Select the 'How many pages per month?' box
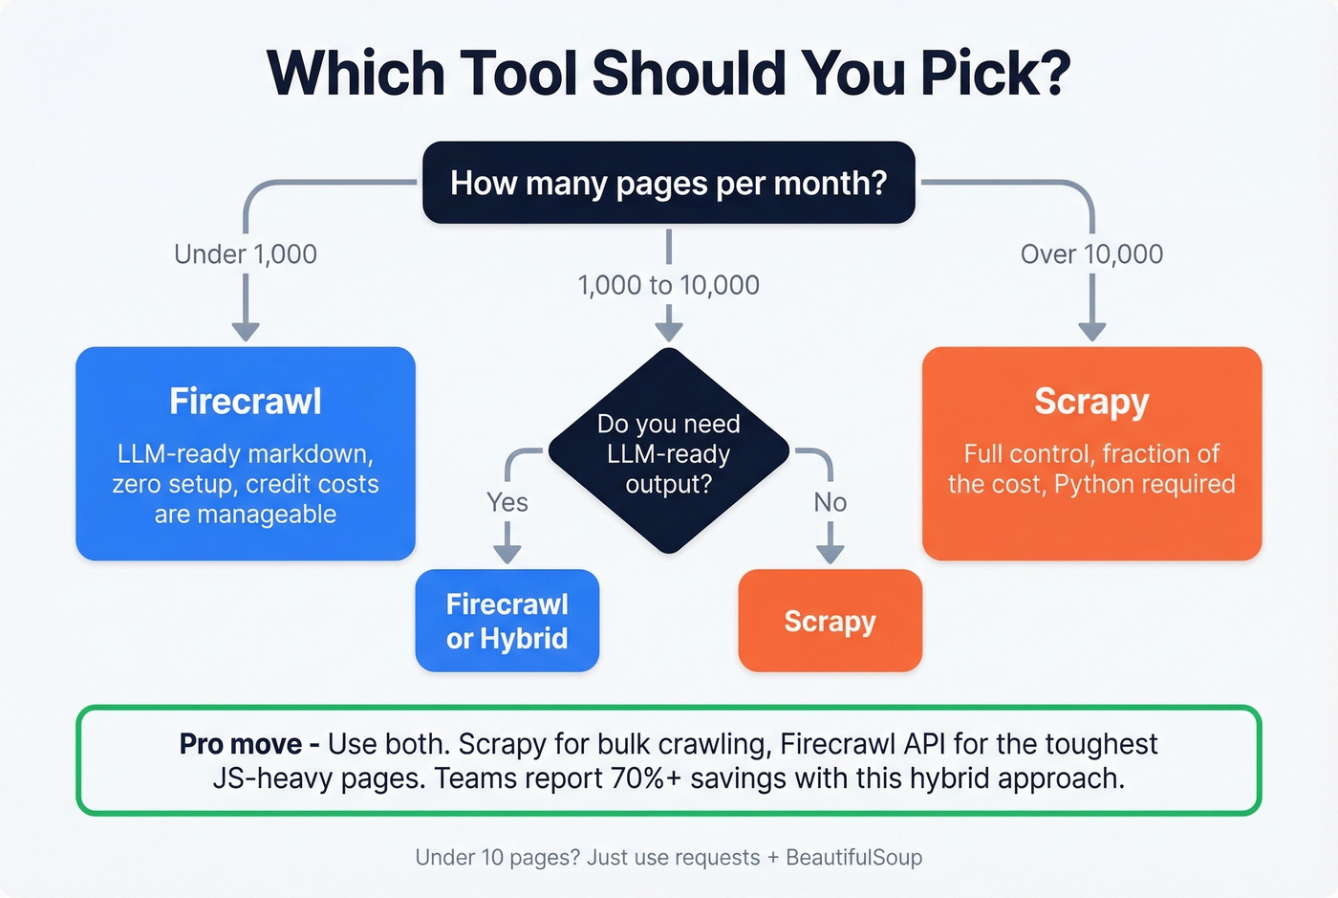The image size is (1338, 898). click(x=668, y=183)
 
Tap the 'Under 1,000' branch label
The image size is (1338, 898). click(x=246, y=254)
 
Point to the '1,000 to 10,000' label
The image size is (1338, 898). click(x=668, y=285)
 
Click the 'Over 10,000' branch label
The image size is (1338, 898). click(x=1091, y=254)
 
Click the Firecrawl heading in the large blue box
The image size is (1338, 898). click(x=246, y=402)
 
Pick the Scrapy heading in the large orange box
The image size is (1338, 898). click(x=1091, y=402)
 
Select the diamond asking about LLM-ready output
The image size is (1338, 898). click(x=668, y=452)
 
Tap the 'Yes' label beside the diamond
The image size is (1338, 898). click(x=507, y=503)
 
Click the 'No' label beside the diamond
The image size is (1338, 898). click(x=830, y=503)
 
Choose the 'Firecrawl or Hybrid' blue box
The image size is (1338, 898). click(x=507, y=621)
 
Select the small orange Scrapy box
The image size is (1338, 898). click(x=830, y=621)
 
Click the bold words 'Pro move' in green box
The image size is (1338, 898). click(x=241, y=744)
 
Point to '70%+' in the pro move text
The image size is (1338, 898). click(x=646, y=778)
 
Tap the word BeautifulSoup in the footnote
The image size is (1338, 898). click(x=853, y=858)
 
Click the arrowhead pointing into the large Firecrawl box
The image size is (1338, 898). click(x=246, y=331)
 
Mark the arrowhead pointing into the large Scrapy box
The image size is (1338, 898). click(x=1091, y=331)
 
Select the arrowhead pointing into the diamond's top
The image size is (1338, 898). click(x=668, y=331)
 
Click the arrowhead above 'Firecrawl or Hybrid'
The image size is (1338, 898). click(x=507, y=555)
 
